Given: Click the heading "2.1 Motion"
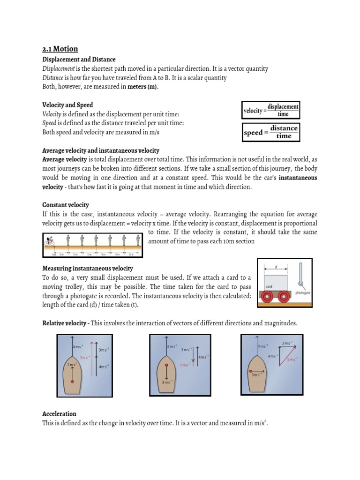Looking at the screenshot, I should (x=60, y=49).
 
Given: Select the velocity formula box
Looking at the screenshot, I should (x=271, y=110).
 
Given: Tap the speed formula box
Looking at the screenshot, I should (x=271, y=132).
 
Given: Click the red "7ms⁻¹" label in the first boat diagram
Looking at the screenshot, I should (x=85, y=358).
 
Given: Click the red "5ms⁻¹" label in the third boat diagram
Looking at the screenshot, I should (x=291, y=360).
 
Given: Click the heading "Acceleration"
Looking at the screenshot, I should (x=59, y=414).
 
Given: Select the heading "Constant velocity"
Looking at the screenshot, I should (x=66, y=205).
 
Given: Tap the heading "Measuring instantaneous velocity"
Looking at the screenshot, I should (x=88, y=268).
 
